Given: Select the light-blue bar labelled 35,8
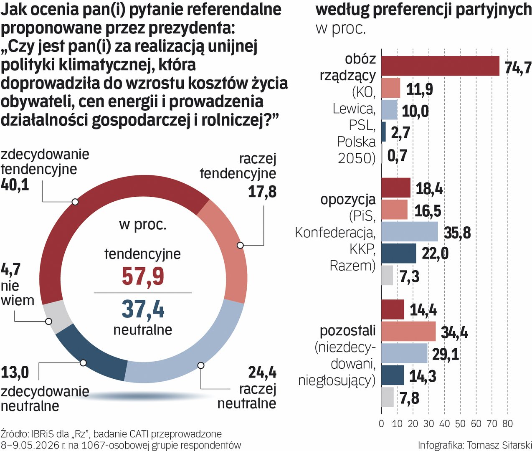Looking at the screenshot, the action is pos(410,231).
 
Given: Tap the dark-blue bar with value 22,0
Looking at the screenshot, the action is pos(399,253).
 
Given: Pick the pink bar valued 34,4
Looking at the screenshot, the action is pos(408,331).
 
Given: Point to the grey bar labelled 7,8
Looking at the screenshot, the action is pos(388,397).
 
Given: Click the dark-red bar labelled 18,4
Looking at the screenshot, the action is pos(396,187).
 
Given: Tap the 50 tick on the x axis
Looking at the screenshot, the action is pos(460,424).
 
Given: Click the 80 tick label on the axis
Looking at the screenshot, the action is pos(507,424).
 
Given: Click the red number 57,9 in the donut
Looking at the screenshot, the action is pos(143,276).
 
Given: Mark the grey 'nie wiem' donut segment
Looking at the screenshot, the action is pos(57,319).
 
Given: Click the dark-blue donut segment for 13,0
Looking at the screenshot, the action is pos(90,358).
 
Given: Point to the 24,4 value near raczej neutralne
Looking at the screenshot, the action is pos(262,373).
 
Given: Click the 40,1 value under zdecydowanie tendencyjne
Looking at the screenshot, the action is pos(15,185).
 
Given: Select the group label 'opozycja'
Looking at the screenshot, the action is pos(348,200).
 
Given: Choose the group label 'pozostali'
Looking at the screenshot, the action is pos(348,331).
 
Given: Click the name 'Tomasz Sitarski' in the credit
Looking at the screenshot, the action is pos(499,445).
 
